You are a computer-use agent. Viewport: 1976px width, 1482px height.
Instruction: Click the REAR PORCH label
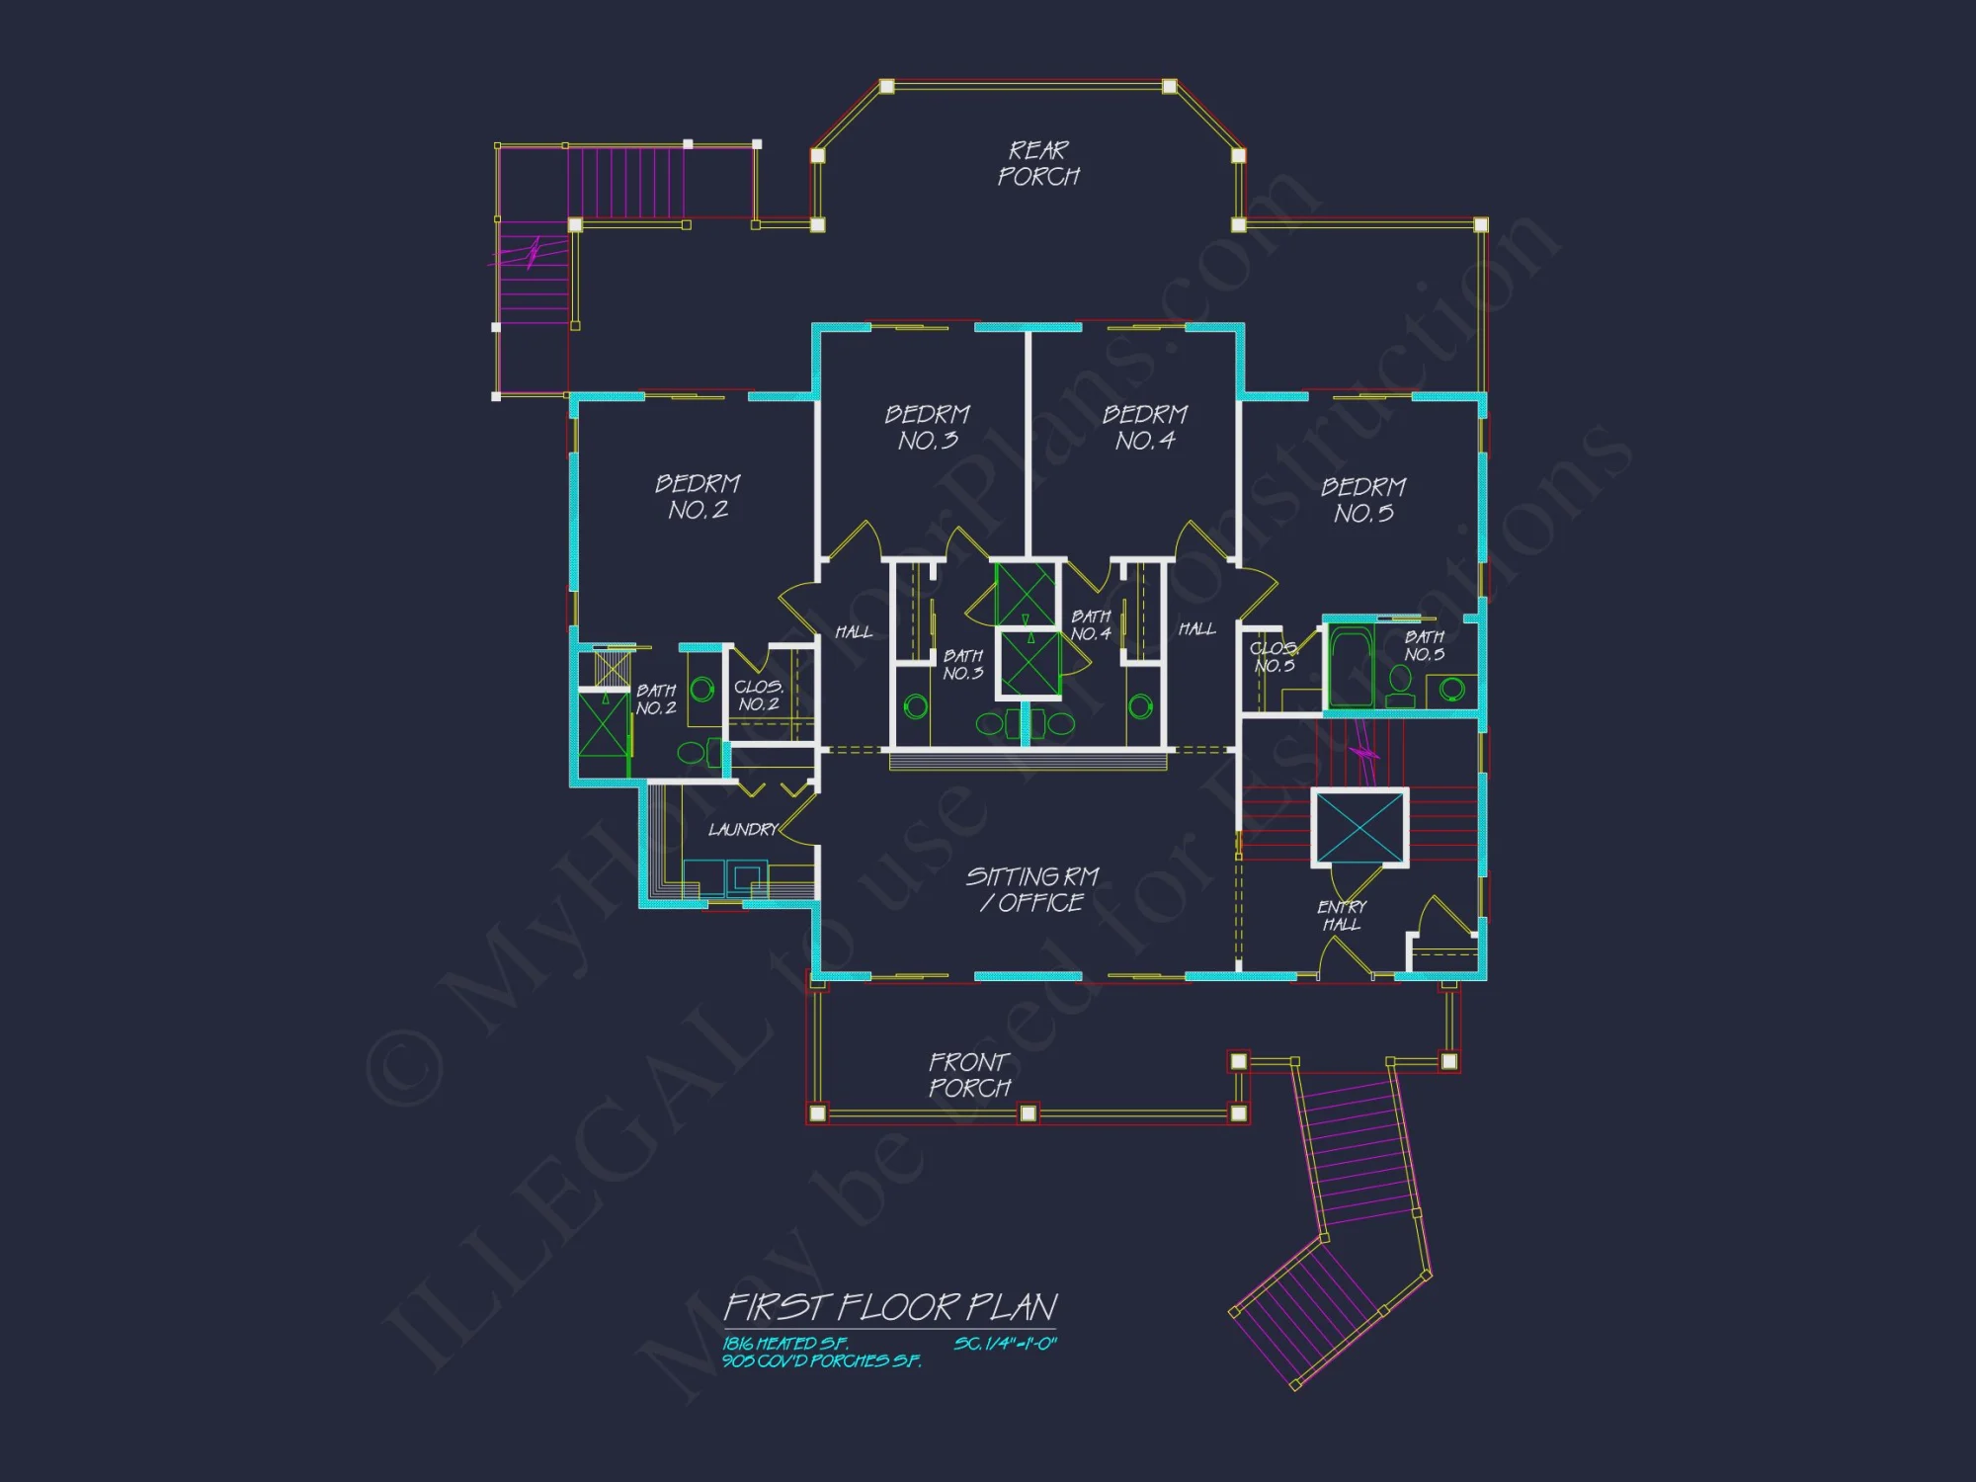point(1038,163)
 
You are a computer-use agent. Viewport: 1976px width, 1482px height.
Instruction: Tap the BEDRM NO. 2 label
point(698,496)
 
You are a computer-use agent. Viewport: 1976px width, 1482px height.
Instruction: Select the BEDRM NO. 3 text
point(927,427)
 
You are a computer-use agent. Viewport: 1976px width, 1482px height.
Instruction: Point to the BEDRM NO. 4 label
point(1144,427)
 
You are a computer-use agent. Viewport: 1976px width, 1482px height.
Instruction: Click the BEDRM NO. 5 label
point(1363,499)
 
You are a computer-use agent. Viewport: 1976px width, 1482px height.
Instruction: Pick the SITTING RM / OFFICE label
point(1032,889)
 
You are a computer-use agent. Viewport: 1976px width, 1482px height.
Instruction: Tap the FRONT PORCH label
point(969,1075)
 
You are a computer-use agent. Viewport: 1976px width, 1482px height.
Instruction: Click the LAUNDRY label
point(743,830)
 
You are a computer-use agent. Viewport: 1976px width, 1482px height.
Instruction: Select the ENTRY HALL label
point(1342,915)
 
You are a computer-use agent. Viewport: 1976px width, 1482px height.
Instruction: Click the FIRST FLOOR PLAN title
point(890,1307)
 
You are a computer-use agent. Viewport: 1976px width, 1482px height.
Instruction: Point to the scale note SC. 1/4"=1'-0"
point(1005,1344)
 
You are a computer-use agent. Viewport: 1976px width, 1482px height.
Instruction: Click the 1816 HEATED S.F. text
point(784,1344)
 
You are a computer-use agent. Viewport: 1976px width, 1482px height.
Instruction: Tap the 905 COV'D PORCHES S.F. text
point(821,1361)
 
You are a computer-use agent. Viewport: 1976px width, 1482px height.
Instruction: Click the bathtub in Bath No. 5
point(1351,667)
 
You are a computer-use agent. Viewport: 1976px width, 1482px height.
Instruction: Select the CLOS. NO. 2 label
point(759,695)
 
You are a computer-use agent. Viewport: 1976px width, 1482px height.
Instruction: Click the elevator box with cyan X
point(1360,829)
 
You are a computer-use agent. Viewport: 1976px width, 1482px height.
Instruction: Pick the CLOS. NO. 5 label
point(1275,657)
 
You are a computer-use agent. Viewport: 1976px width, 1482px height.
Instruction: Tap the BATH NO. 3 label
point(962,664)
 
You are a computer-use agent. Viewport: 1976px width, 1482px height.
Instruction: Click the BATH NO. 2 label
point(656,699)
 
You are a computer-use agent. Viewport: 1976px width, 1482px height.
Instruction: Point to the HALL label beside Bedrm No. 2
point(854,632)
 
